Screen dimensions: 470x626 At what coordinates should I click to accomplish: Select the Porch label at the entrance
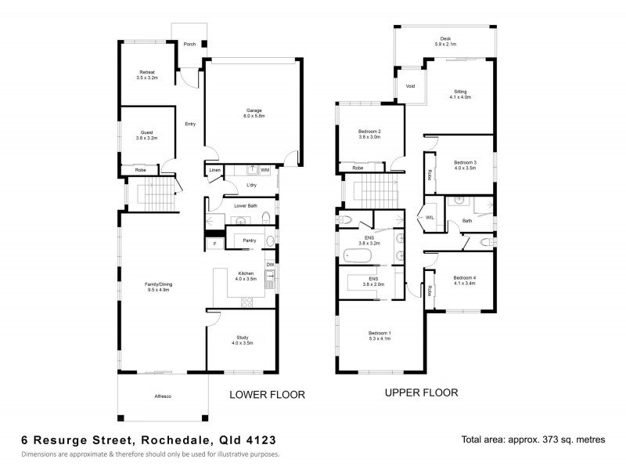[x=189, y=45]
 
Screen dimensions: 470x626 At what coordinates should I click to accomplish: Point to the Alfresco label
[x=163, y=396]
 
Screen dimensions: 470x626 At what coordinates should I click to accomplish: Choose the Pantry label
[x=250, y=240]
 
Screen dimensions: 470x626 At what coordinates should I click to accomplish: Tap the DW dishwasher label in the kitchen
[x=269, y=265]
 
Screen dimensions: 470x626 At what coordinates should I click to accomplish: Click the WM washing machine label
[x=265, y=169]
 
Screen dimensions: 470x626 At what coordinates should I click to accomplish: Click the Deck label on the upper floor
[x=445, y=39]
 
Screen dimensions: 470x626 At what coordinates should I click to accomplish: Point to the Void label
[x=409, y=87]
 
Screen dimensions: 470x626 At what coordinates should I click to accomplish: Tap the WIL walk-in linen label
[x=430, y=218]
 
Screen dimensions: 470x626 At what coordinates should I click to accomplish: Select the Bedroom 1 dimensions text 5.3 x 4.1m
[x=380, y=339]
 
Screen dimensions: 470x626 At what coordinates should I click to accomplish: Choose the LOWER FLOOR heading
[x=266, y=395]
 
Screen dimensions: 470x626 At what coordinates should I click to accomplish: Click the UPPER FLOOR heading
[x=421, y=392]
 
